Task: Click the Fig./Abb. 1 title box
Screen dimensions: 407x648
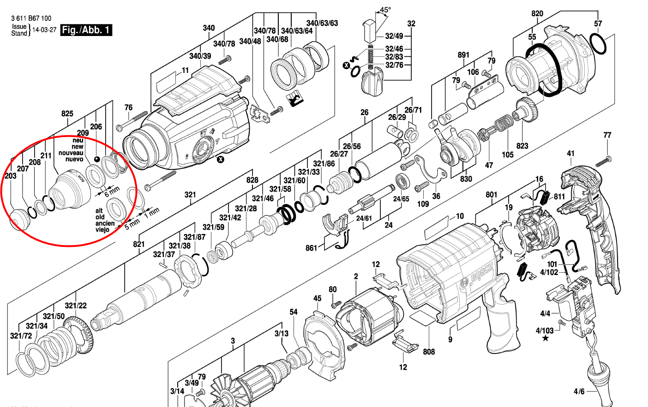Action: click(x=86, y=30)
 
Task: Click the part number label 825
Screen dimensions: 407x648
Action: click(x=67, y=114)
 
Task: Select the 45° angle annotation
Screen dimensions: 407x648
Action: click(x=385, y=10)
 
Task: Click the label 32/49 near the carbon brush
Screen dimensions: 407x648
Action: click(x=394, y=36)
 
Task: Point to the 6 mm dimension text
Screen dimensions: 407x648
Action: click(x=111, y=190)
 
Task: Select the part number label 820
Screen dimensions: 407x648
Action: click(x=537, y=14)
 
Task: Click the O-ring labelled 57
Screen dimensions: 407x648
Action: click(x=598, y=44)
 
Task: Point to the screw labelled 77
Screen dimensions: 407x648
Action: click(x=603, y=161)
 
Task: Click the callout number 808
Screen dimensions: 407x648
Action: click(x=429, y=352)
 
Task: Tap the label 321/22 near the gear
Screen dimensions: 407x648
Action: click(x=76, y=306)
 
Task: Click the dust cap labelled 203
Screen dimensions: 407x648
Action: click(x=19, y=219)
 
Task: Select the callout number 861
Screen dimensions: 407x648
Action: click(x=312, y=248)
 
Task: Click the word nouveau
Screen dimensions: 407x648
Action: click(x=71, y=153)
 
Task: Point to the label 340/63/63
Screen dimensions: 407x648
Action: click(x=322, y=23)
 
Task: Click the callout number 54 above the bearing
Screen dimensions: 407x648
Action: click(x=294, y=312)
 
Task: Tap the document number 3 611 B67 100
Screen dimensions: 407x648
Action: click(x=31, y=18)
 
